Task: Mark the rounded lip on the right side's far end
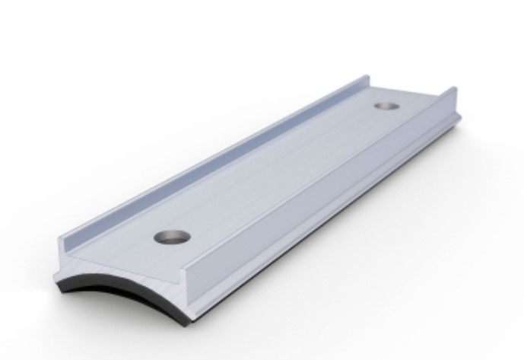[456, 114]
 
